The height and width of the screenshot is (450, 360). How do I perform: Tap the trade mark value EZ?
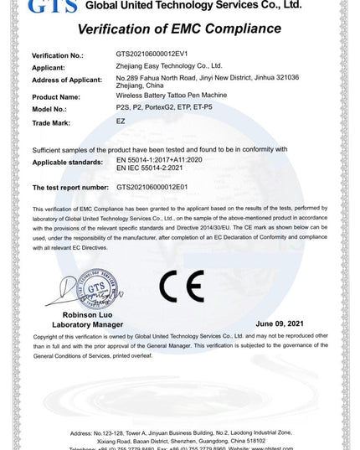click(x=121, y=121)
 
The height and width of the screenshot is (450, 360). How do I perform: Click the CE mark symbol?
click(x=179, y=290)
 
